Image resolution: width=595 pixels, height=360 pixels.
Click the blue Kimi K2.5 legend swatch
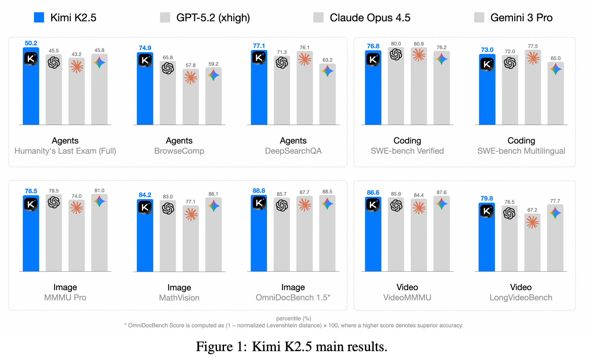coord(39,17)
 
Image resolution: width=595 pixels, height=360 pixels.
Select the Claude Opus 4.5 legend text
coord(369,18)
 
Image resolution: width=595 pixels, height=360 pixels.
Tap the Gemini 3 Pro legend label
coord(521,18)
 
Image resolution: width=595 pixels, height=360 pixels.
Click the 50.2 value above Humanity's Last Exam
coord(31,43)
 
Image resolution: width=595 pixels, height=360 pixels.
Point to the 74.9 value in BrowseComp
coord(145,48)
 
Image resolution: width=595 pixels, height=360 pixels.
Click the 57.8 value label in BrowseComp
coord(190,65)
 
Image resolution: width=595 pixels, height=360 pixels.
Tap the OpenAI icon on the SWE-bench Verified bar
coord(396,55)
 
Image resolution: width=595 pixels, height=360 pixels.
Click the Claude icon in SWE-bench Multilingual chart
coord(533,58)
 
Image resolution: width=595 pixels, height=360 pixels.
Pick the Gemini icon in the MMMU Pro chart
coord(99,201)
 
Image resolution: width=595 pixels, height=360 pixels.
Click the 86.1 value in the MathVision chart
coord(213,194)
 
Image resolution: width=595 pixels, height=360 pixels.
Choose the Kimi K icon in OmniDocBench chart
coord(259,203)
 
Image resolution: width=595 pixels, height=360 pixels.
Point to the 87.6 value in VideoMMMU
coord(441,193)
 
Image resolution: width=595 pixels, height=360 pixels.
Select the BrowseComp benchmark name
coord(179,151)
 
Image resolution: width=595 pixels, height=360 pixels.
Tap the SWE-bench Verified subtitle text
coord(407,151)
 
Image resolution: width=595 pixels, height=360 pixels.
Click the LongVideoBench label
coord(521,298)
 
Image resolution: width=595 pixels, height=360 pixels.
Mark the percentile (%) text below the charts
coord(294,319)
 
